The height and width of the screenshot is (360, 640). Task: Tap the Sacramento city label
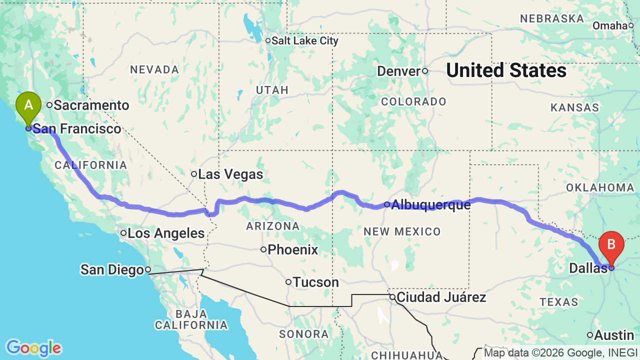(91, 105)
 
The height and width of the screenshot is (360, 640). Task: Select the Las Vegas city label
(230, 174)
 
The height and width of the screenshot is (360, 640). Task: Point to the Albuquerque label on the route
(430, 204)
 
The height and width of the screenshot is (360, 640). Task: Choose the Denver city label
(398, 71)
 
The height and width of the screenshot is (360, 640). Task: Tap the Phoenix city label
(292, 249)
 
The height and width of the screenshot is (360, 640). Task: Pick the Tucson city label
(315, 282)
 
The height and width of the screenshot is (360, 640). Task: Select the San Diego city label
(112, 270)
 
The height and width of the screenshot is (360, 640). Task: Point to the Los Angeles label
(165, 233)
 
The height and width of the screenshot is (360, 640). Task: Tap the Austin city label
(614, 335)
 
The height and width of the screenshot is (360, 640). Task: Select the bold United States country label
(506, 71)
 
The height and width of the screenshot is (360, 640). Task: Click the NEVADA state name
(154, 69)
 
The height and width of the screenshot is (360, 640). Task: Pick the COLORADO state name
(413, 102)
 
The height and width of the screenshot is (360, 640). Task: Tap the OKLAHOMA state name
(600, 187)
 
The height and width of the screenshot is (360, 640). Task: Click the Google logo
(33, 348)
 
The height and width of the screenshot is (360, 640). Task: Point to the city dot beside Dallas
(611, 267)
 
